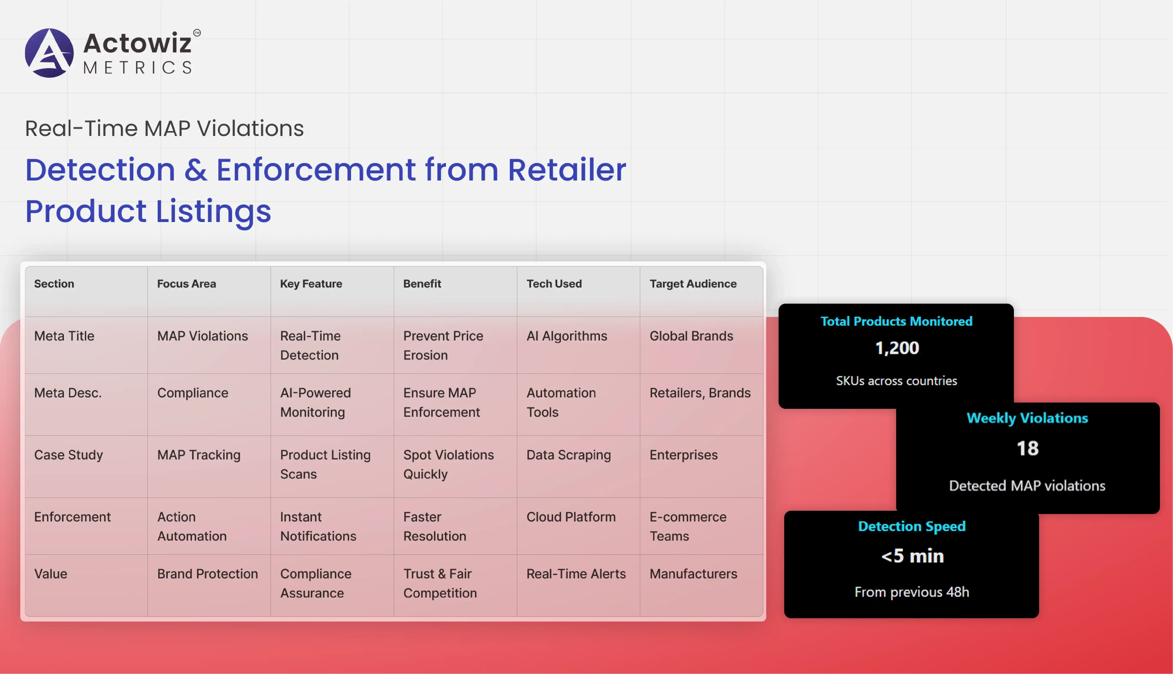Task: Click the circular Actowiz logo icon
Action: (x=49, y=53)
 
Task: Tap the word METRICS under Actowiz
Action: (x=137, y=68)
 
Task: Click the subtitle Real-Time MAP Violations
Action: (x=164, y=128)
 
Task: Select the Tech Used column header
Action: (x=554, y=284)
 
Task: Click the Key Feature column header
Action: (x=311, y=284)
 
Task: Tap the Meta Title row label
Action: (x=64, y=336)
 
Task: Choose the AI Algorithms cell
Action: (x=567, y=336)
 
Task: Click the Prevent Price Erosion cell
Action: (x=443, y=345)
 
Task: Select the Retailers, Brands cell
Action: (x=700, y=393)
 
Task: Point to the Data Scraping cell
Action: (x=568, y=455)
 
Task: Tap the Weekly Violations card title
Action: (x=1027, y=418)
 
